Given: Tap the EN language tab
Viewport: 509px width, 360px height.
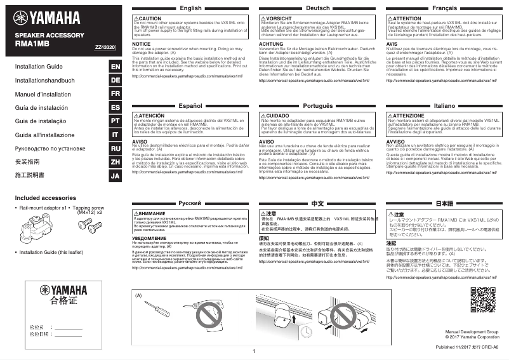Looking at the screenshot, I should click(x=115, y=67).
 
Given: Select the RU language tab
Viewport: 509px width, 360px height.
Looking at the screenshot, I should click(x=115, y=148).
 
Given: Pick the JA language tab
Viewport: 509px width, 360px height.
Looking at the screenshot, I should click(x=115, y=175).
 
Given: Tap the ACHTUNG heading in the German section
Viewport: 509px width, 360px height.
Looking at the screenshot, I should click(x=272, y=44).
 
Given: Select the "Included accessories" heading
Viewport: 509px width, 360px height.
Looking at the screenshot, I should click(x=45, y=198).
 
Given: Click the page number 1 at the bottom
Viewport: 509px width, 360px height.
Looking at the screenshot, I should click(x=253, y=351).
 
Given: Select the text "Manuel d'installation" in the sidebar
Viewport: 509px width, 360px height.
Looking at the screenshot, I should click(x=44, y=94).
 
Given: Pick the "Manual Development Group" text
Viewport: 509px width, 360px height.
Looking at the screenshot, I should click(x=472, y=331).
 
